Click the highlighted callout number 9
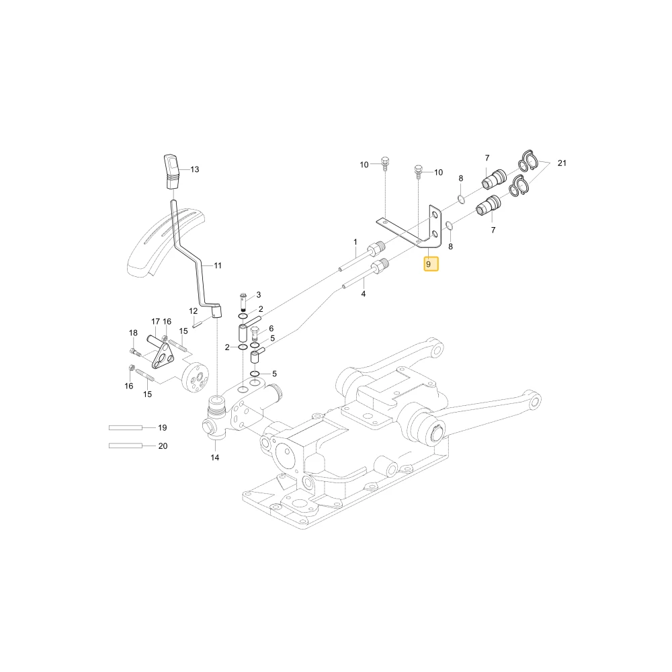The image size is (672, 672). point(431,264)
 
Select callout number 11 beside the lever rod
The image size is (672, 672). point(218,265)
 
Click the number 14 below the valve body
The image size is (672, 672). point(215,458)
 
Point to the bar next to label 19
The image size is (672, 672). point(126,427)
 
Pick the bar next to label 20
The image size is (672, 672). point(126,446)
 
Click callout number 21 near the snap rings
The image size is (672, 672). point(562,163)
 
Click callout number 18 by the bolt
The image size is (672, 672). point(133,333)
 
